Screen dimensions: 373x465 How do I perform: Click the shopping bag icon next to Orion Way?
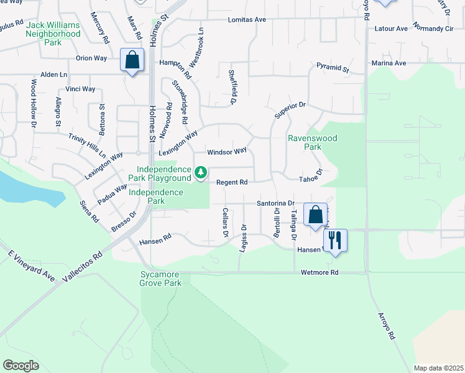click(132, 60)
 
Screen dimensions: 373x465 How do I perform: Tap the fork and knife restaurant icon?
click(335, 240)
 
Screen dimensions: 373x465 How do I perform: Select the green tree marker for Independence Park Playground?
click(201, 172)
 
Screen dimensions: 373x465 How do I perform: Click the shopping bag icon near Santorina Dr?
click(316, 214)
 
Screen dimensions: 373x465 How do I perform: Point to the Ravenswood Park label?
click(305, 143)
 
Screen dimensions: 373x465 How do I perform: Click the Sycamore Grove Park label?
click(160, 279)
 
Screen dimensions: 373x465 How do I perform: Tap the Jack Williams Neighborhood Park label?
click(53, 34)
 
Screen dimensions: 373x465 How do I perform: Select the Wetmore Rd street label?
click(319, 272)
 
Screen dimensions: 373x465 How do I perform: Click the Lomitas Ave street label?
click(247, 20)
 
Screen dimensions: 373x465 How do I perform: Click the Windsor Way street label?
click(227, 151)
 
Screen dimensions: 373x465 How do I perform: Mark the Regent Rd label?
click(232, 182)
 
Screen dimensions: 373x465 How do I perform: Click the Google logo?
click(21, 365)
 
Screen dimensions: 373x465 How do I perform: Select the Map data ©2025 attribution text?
click(438, 368)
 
